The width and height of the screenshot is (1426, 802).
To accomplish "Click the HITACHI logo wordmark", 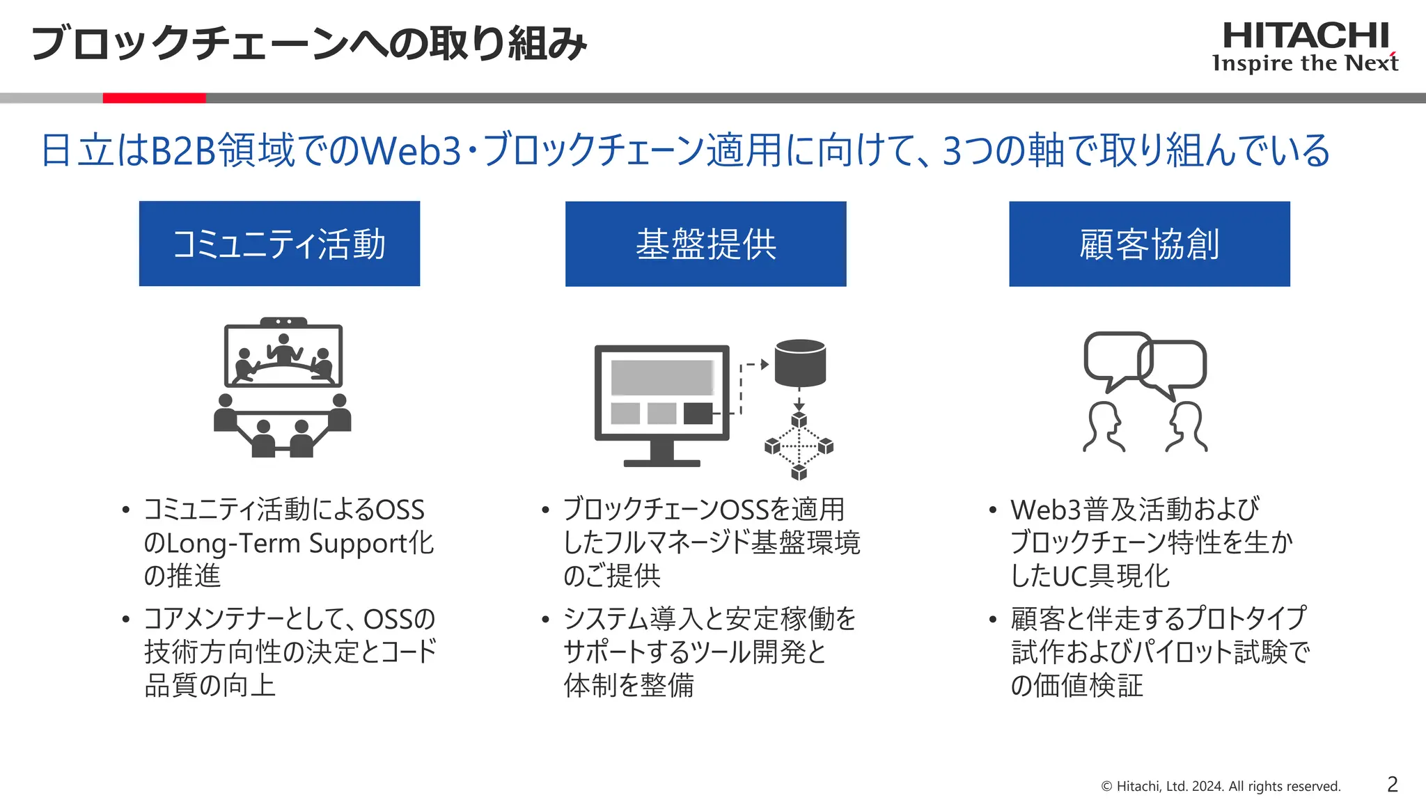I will point(1306,36).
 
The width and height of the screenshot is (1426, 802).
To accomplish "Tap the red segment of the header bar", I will point(154,98).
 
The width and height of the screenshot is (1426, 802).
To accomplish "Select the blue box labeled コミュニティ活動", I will point(279,244).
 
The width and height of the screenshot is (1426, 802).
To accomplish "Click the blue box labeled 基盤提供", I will point(705,244).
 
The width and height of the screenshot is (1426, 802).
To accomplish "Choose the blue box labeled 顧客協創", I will point(1149,244).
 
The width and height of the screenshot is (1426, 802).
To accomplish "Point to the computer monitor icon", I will point(661,397).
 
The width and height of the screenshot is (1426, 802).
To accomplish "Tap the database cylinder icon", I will point(800,363).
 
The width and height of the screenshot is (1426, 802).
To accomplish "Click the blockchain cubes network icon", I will point(799,446).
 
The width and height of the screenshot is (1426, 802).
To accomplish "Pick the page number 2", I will point(1392,785).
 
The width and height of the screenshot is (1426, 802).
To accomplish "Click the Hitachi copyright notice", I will point(1221,786).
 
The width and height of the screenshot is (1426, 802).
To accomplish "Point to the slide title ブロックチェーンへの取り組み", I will point(309,43).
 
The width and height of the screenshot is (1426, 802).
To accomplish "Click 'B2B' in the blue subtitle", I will point(184,150).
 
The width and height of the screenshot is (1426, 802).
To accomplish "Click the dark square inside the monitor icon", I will point(698,413).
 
